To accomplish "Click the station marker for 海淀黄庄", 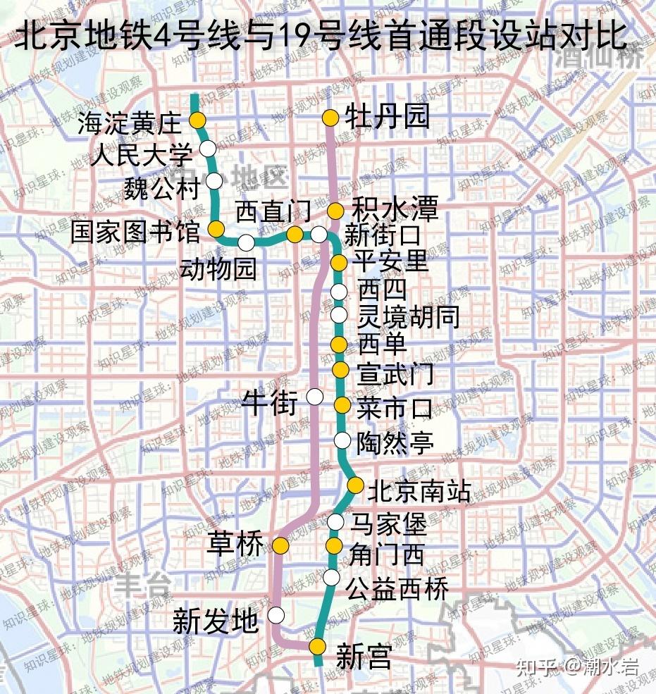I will coord(198,120).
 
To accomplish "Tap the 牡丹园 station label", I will coord(387,117).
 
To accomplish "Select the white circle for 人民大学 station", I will coord(208,149).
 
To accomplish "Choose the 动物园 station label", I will coord(218,268).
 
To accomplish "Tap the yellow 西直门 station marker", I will coord(295,235).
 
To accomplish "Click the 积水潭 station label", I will coord(395,209).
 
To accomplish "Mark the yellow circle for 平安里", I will coord(339,264).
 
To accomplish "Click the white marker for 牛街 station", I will coord(315,397).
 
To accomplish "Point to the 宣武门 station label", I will coord(395,373).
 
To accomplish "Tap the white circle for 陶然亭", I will coord(342,441).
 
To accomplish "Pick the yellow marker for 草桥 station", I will coord(281,545).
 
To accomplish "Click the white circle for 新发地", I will coord(276,615).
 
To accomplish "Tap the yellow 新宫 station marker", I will coord(318,646).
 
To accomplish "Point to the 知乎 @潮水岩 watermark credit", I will coord(577,666).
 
